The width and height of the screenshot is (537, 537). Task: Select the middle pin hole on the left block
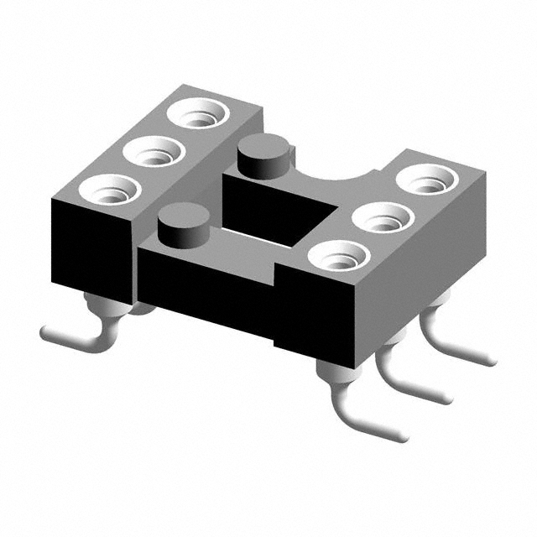coord(155,154)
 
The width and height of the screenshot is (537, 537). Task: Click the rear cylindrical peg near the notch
coord(266,156)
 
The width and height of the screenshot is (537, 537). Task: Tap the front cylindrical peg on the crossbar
coord(182,224)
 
